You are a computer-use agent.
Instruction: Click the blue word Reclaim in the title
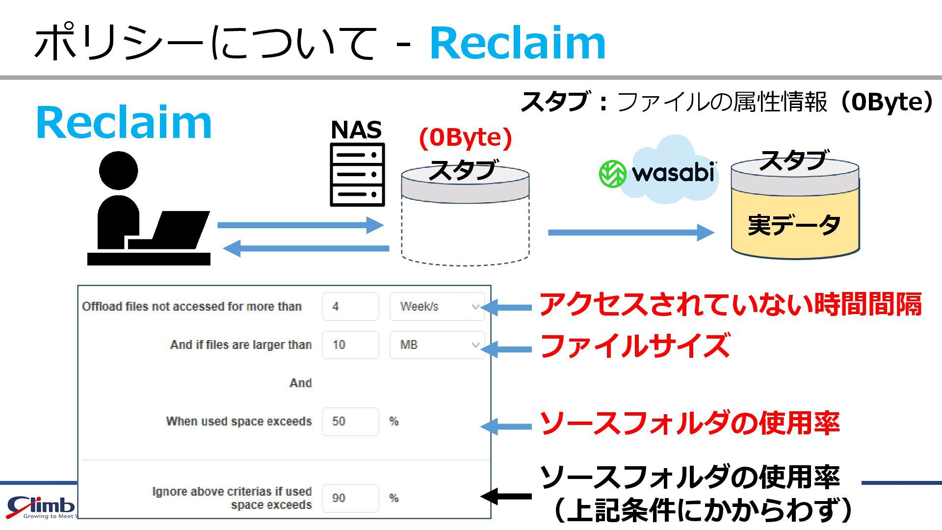(518, 43)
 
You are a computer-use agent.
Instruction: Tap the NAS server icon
(357, 174)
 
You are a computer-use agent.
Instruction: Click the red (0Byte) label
(465, 137)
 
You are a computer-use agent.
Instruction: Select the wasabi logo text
(672, 173)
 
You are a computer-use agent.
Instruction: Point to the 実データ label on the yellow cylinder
(794, 225)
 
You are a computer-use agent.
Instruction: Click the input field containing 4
(350, 307)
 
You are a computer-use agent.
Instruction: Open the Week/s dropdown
(437, 307)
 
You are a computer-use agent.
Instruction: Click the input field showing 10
(350, 345)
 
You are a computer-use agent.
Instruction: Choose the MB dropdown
(437, 345)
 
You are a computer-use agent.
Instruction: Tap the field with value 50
(350, 422)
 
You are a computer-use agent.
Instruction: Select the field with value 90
(350, 498)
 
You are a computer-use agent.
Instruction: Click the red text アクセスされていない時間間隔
(730, 304)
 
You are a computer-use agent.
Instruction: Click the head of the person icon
(118, 171)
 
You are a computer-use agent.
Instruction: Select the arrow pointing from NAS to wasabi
(630, 232)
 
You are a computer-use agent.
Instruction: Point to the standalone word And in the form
(300, 383)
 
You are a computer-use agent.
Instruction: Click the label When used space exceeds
(239, 422)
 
